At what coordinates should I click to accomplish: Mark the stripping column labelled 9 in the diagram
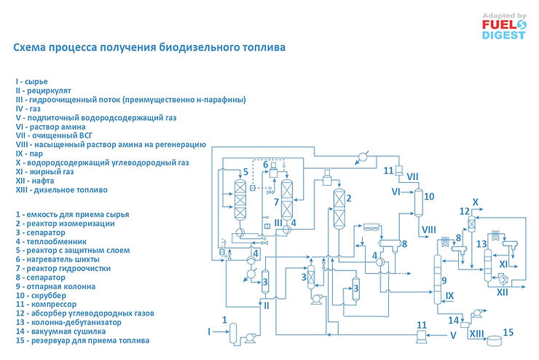pos(438,280)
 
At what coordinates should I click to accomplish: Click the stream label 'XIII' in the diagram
pos(476,333)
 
